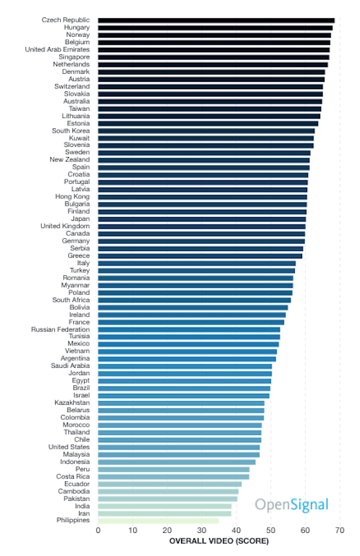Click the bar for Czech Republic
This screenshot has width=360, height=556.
tap(217, 20)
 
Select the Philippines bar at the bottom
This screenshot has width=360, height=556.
tap(159, 521)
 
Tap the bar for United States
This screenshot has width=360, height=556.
tap(179, 447)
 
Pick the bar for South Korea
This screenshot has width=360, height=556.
tap(206, 131)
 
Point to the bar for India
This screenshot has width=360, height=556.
tap(165, 506)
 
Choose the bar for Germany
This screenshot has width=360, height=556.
tap(201, 241)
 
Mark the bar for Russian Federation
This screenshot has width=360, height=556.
tap(189, 330)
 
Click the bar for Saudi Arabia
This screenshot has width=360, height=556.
tap(185, 366)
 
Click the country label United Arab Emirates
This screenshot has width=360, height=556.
tap(57, 49)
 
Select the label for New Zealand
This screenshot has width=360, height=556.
tap(70, 159)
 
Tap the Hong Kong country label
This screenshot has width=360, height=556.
tap(72, 196)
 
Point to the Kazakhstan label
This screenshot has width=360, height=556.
tap(72, 403)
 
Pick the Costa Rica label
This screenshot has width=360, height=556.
tap(72, 476)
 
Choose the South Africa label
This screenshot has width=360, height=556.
tap(71, 300)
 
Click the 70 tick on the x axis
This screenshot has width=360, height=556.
tap(340, 530)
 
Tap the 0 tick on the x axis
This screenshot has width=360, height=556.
tap(99, 530)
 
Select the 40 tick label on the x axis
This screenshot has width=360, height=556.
tap(236, 530)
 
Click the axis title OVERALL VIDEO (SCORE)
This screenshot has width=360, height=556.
tap(219, 541)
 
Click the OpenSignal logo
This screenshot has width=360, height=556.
tap(291, 505)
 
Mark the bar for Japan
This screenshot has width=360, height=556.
tap(202, 219)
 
